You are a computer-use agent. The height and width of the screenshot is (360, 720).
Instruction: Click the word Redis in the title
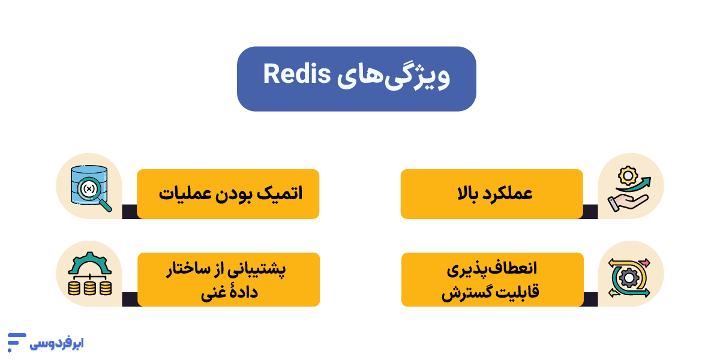click(296, 74)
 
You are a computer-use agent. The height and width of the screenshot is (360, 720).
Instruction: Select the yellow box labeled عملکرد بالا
click(492, 194)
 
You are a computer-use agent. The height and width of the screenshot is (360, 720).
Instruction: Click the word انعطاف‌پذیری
click(492, 269)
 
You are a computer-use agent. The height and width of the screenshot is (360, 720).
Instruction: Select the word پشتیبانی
click(257, 269)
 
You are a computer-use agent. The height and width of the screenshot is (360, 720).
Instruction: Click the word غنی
click(212, 293)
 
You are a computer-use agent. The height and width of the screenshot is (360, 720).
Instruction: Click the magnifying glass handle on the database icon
click(105, 205)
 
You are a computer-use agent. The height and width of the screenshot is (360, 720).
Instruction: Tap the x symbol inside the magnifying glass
click(89, 188)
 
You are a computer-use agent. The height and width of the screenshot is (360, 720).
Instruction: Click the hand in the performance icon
click(627, 203)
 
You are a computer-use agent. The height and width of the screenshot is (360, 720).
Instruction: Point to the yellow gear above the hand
click(628, 175)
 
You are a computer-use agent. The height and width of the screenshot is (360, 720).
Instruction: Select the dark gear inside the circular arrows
click(629, 278)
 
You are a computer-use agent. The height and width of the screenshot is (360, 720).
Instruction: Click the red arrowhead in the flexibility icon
click(646, 263)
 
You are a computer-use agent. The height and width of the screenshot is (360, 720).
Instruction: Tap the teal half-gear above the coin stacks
click(89, 263)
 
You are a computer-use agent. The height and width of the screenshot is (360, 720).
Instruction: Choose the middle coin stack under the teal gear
click(89, 288)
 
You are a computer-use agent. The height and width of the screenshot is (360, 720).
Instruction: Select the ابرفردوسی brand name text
click(56, 343)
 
